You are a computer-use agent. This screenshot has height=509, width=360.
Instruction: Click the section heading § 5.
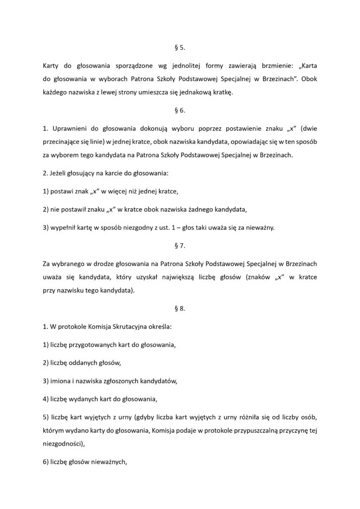coord(180,49)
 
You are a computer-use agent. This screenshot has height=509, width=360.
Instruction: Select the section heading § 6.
coord(180,111)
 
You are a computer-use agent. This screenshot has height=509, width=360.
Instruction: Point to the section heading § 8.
coord(180,308)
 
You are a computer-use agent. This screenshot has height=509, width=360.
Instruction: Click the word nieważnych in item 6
coord(107,461)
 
